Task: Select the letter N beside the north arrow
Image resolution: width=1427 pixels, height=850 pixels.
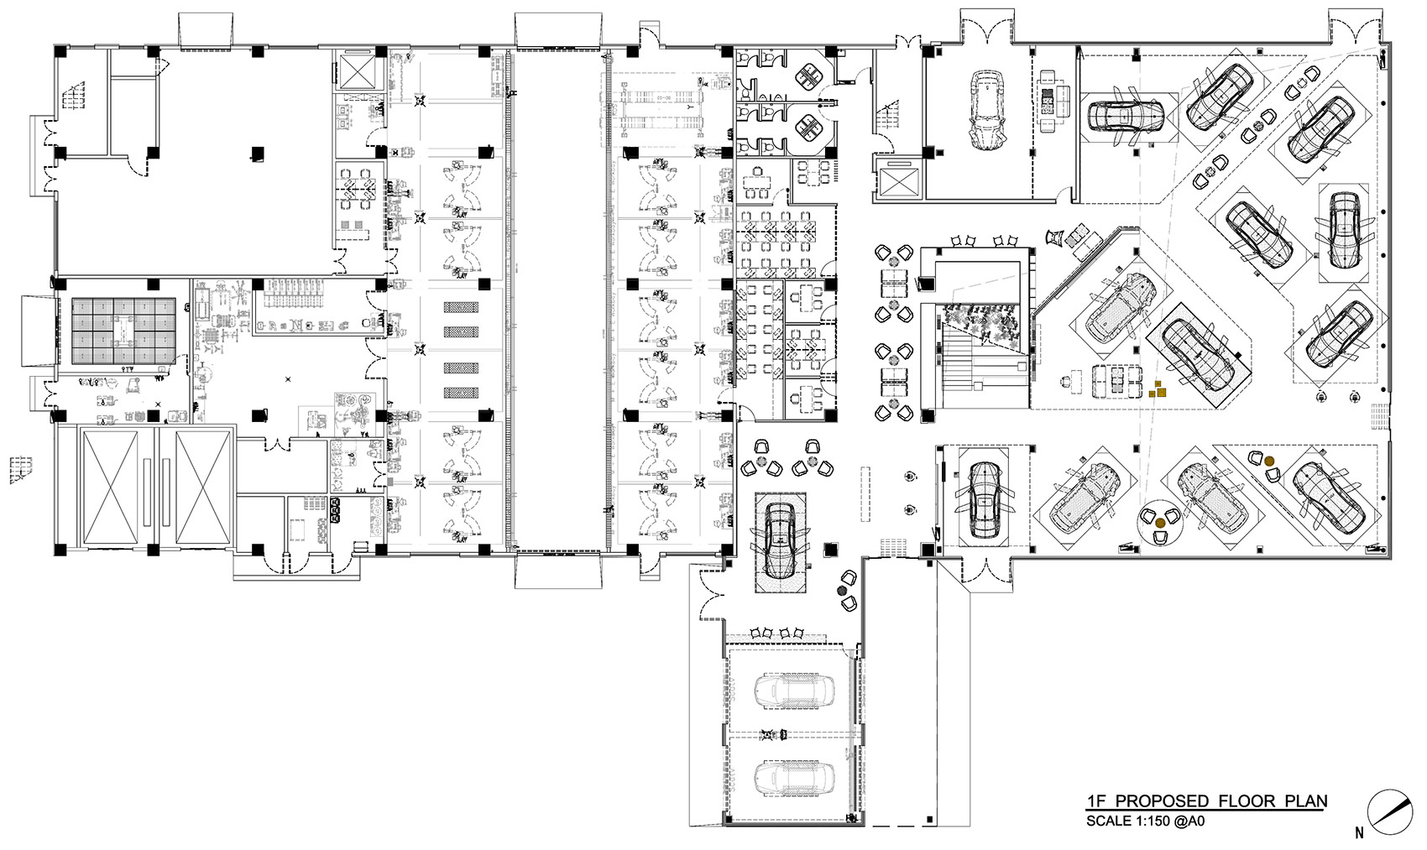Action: pos(1358,834)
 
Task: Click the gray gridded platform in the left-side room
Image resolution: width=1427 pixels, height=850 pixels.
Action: pos(123,331)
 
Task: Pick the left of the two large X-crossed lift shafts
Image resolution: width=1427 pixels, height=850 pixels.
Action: pos(118,488)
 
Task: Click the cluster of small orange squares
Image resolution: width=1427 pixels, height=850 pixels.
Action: pos(1158,388)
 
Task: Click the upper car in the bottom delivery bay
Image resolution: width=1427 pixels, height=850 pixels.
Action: pos(793,691)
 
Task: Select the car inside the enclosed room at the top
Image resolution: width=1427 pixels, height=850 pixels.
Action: pos(987,109)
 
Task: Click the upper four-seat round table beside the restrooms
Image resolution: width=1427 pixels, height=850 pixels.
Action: pos(810,75)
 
